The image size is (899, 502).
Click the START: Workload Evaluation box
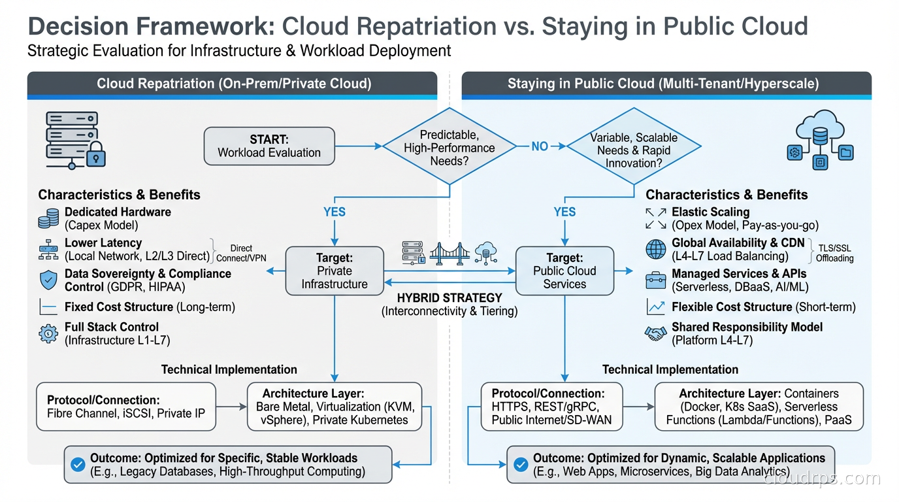pyautogui.click(x=269, y=146)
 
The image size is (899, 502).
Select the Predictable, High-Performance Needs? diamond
pyautogui.click(x=449, y=147)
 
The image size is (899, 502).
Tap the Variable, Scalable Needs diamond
pyautogui.click(x=633, y=150)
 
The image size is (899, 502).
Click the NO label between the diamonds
pyautogui.click(x=540, y=146)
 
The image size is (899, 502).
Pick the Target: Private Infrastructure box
pyautogui.click(x=334, y=271)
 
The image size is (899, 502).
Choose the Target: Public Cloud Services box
pyautogui.click(x=564, y=271)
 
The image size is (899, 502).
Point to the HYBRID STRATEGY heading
pyautogui.click(x=449, y=298)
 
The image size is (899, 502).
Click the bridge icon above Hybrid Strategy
pyautogui.click(x=450, y=252)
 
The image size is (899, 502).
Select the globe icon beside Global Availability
pyautogui.click(x=655, y=249)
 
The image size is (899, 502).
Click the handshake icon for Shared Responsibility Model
pyautogui.click(x=655, y=333)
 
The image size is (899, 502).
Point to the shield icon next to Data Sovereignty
pyautogui.click(x=48, y=280)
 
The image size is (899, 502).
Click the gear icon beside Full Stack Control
pyautogui.click(x=48, y=333)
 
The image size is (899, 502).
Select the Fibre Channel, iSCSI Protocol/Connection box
pyautogui.click(x=125, y=407)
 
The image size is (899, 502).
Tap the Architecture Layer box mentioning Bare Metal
pyautogui.click(x=335, y=407)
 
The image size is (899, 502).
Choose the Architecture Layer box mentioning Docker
pyautogui.click(x=759, y=407)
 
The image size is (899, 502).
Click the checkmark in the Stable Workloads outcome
pyautogui.click(x=78, y=465)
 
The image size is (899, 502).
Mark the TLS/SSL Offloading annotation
pyautogui.click(x=834, y=253)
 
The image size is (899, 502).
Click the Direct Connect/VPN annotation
pyautogui.click(x=241, y=253)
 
